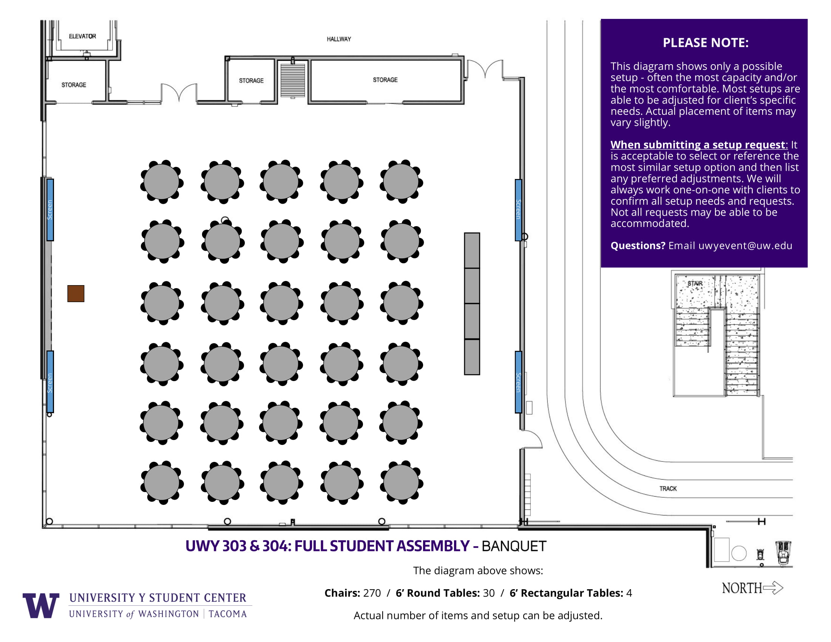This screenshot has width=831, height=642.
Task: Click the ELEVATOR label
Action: [82, 36]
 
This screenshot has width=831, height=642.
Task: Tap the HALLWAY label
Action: [339, 39]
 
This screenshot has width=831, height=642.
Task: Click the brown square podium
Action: [76, 293]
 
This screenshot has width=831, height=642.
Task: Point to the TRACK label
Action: [668, 488]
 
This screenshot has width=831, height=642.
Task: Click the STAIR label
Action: [695, 283]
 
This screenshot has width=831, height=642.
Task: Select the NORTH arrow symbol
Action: [773, 588]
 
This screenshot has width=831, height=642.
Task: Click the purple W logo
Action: [41, 605]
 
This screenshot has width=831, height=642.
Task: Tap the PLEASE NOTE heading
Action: [706, 43]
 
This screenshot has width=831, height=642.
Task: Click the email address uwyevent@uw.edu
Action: [745, 246]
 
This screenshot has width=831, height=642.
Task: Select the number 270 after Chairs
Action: [372, 593]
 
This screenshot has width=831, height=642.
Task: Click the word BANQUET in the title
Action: [514, 546]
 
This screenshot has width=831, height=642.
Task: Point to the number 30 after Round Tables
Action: [488, 593]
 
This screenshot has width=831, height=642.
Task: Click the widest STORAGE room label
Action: [385, 80]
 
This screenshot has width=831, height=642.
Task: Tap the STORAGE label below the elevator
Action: [74, 85]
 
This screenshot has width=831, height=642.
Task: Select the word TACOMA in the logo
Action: [227, 614]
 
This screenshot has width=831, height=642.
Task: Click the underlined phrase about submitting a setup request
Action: [697, 145]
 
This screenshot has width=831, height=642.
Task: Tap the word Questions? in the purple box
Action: [638, 246]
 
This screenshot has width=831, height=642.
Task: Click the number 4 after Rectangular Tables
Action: [629, 593]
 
